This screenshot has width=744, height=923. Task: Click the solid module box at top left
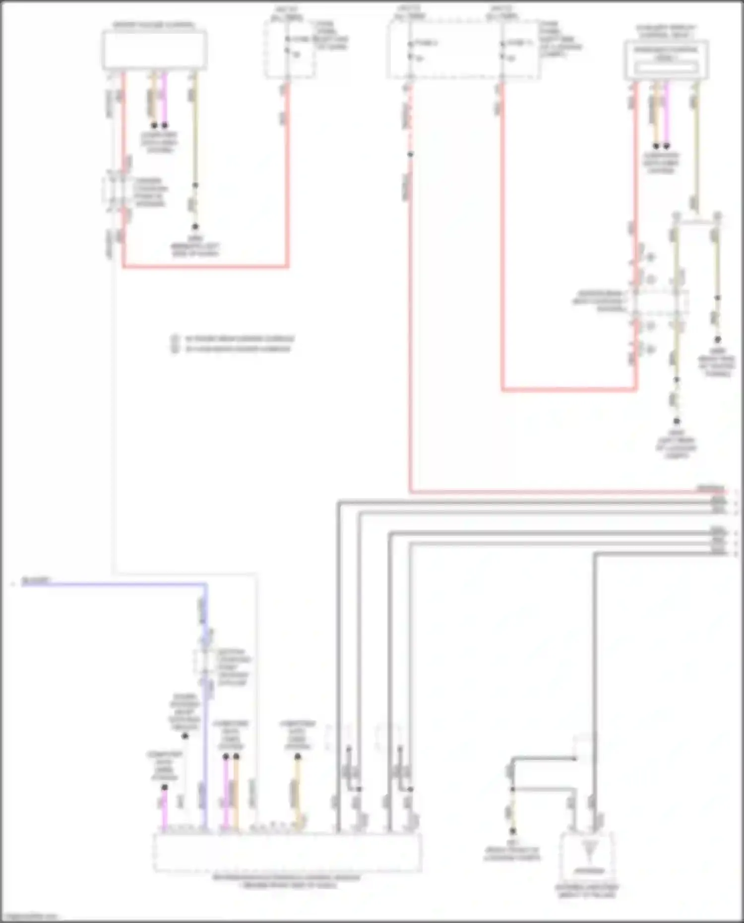click(x=154, y=50)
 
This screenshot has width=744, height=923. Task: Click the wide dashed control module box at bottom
click(x=287, y=852)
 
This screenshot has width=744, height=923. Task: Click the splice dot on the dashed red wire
click(x=410, y=155)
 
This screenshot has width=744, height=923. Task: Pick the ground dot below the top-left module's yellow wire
click(x=195, y=227)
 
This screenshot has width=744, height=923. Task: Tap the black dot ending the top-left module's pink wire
click(x=165, y=125)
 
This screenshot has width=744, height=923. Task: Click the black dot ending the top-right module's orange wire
click(x=656, y=146)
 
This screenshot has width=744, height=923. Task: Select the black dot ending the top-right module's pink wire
click(x=666, y=146)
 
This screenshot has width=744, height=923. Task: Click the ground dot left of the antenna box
click(x=513, y=831)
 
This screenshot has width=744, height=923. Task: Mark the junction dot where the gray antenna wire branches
click(x=513, y=789)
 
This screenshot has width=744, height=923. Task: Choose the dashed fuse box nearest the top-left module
click(x=289, y=50)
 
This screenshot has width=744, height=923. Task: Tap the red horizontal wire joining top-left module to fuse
click(x=205, y=266)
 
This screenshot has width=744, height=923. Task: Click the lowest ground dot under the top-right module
click(x=677, y=421)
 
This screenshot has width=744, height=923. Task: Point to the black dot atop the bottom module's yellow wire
click(x=298, y=757)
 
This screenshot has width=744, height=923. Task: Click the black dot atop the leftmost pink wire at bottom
click(x=165, y=787)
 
